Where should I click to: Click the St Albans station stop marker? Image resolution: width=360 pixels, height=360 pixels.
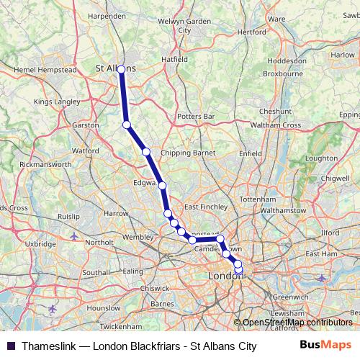pyautogui.click(x=122, y=70)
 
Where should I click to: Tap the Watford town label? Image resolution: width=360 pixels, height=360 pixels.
pyautogui.click(x=85, y=151)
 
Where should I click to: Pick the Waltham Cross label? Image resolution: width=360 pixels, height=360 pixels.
pyautogui.click(x=279, y=125)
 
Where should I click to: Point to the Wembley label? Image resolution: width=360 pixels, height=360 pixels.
pyautogui.click(x=138, y=237)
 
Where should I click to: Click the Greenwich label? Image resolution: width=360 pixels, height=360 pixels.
pyautogui.click(x=290, y=296)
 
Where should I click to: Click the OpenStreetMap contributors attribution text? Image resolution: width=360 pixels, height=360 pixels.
pyautogui.click(x=297, y=323)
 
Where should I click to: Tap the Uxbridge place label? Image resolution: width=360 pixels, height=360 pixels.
pyautogui.click(x=40, y=244)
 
